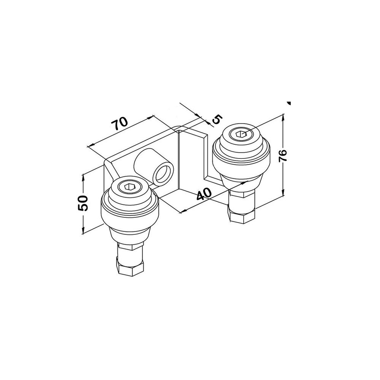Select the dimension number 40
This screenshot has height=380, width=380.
click(x=204, y=194)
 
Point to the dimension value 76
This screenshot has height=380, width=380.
click(x=283, y=155)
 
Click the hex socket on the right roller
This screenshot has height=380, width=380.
click(x=241, y=133)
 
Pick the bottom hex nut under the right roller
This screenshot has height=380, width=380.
click(x=242, y=215)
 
